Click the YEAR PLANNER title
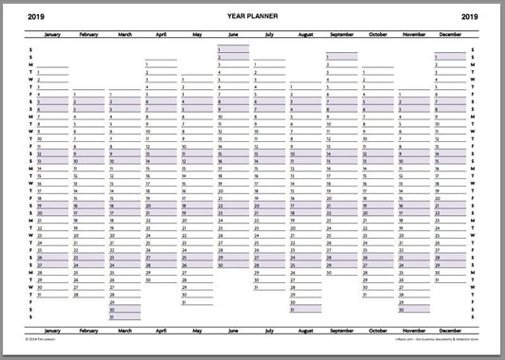(x=252, y=16)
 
